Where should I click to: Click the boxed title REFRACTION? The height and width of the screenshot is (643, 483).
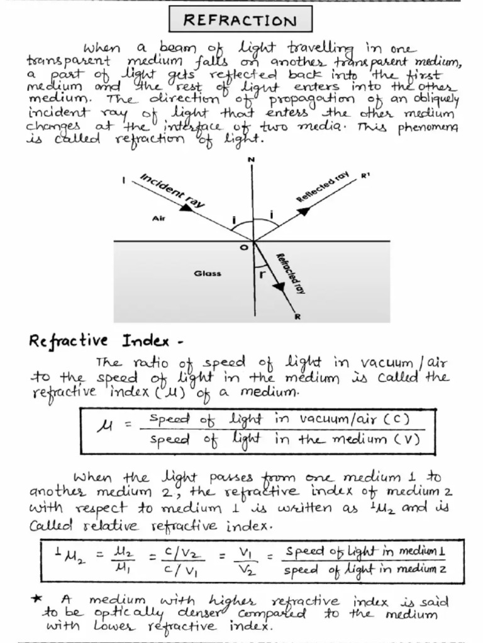click(x=240, y=21)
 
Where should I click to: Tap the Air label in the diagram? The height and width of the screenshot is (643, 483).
click(x=158, y=218)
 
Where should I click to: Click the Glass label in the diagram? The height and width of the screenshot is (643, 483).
click(x=208, y=274)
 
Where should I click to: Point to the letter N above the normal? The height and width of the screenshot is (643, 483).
click(x=252, y=159)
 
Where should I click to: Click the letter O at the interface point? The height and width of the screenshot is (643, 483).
click(x=245, y=248)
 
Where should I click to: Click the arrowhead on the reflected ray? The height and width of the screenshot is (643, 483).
click(x=304, y=211)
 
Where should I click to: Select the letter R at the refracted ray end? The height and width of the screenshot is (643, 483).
click(x=297, y=316)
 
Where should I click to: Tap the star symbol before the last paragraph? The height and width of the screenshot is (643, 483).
click(x=37, y=601)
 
